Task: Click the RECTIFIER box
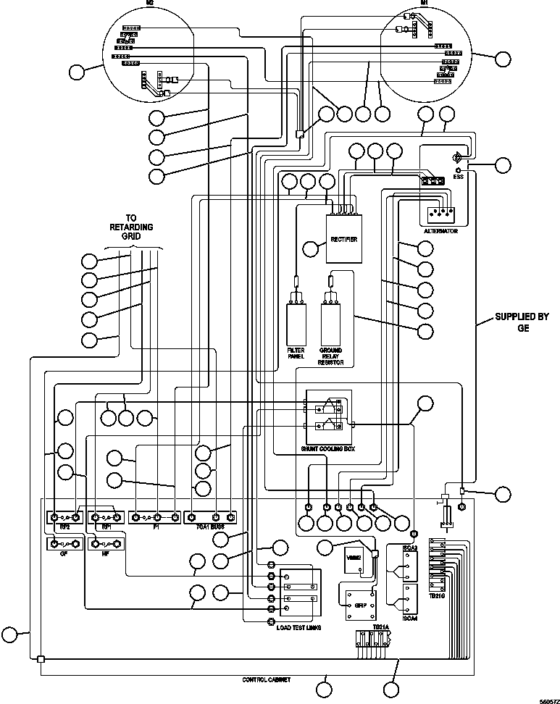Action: pyautogui.click(x=343, y=240)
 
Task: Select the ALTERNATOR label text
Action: pyautogui.click(x=440, y=230)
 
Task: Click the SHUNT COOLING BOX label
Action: pyautogui.click(x=328, y=449)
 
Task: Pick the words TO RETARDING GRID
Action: pyautogui.click(x=131, y=227)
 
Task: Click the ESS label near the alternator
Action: pyautogui.click(x=458, y=176)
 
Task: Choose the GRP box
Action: pyautogui.click(x=358, y=603)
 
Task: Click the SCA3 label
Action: pyautogui.click(x=410, y=548)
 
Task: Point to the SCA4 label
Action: pyautogui.click(x=410, y=618)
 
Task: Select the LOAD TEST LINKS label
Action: pyautogui.click(x=298, y=627)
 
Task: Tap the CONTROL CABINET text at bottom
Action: pyautogui.click(x=266, y=680)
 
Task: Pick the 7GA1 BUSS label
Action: pyautogui.click(x=211, y=527)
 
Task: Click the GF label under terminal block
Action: pyautogui.click(x=64, y=553)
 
